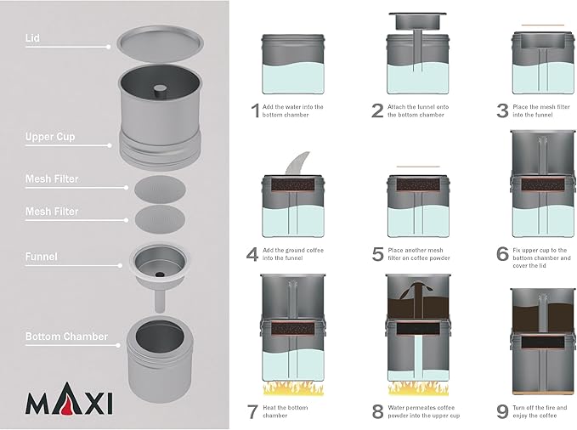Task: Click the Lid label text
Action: click(x=32, y=38)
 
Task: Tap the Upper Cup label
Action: click(x=50, y=137)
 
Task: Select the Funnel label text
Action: click(x=41, y=257)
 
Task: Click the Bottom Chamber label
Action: click(x=66, y=337)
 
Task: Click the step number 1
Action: click(x=255, y=110)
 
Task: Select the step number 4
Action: click(x=252, y=254)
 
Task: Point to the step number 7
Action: click(x=252, y=411)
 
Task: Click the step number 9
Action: click(x=502, y=411)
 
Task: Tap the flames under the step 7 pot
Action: click(x=293, y=388)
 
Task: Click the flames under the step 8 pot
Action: click(x=418, y=388)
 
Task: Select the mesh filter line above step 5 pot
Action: click(x=418, y=167)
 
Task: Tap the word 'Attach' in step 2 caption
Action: click(x=396, y=107)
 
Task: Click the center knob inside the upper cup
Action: click(x=160, y=91)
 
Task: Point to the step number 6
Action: click(x=502, y=254)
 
